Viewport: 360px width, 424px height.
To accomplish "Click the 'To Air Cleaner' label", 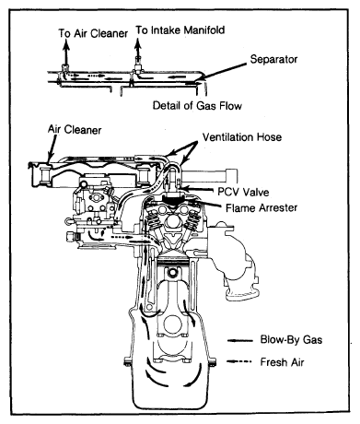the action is tap(93, 33).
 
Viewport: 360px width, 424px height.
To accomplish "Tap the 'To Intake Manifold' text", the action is tap(180, 30).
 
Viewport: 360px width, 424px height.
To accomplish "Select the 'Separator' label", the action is tap(273, 59).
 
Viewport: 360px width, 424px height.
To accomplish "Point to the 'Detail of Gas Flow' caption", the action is tap(197, 106).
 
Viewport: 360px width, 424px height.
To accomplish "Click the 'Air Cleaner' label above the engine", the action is tap(75, 129).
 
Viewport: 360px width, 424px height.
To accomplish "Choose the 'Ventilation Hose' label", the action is tap(242, 137).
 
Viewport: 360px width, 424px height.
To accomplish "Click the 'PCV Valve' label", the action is tap(243, 193).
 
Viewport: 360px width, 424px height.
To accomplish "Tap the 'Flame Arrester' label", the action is tap(261, 208).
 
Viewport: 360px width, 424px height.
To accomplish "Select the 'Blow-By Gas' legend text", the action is tap(291, 339).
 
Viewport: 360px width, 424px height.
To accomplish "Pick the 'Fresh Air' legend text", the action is tap(282, 362).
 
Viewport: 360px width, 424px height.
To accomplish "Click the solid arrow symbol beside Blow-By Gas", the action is tap(239, 340).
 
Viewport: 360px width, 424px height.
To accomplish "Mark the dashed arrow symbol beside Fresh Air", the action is tap(239, 361).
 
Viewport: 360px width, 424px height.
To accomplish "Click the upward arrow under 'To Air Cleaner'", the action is tap(65, 53).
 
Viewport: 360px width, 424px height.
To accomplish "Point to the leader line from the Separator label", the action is tap(222, 73).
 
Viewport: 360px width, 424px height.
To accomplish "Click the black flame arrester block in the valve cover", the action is tap(174, 200).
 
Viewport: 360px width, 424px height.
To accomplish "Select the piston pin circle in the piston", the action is tap(172, 272).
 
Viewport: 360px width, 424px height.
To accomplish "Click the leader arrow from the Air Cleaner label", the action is tap(52, 148).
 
